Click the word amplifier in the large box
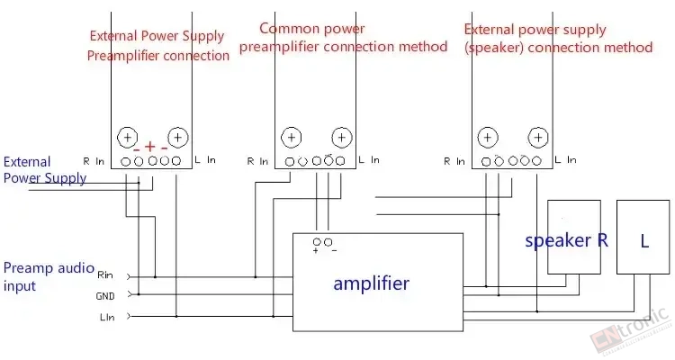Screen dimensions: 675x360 pos(371,283)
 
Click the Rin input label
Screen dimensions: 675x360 pos(105,275)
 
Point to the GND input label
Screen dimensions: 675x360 pos(105,296)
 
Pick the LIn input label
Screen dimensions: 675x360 pos(107,318)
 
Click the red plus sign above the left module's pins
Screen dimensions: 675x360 pos(149,147)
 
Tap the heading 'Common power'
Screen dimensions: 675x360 pos(312,29)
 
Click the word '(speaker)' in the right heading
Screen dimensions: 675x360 pos(494,49)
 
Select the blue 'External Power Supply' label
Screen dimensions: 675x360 pos(45,170)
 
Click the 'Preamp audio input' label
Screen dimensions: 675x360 pos(49,276)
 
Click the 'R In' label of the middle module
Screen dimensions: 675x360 pos(257,161)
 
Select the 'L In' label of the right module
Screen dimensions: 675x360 pos(565,160)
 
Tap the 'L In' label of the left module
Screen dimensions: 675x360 pos(205,160)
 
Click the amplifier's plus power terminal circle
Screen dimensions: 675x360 pos(317,242)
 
